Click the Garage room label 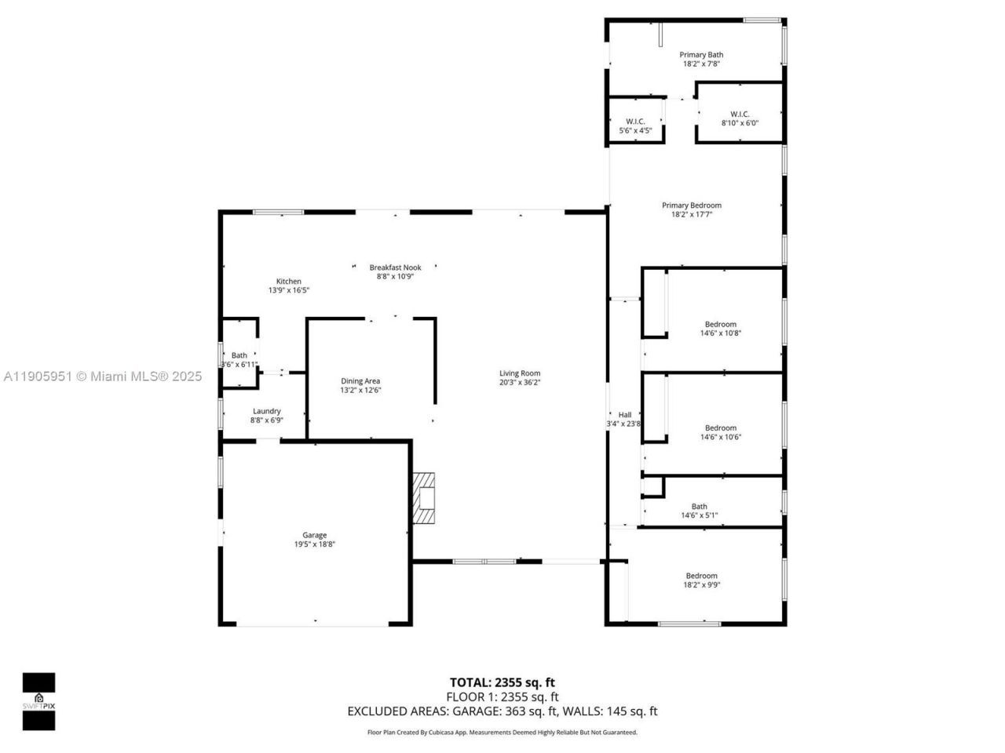(x=314, y=535)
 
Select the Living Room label (x=520, y=373)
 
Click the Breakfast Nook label (x=395, y=267)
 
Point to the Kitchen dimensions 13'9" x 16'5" (x=288, y=290)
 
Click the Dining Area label (x=360, y=381)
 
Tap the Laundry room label (x=267, y=411)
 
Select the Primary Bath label (x=701, y=55)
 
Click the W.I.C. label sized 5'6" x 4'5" (x=635, y=122)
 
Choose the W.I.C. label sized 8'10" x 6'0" (x=740, y=115)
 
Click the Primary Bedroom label (x=691, y=206)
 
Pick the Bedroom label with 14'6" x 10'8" (x=720, y=324)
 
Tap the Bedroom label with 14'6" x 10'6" (x=720, y=428)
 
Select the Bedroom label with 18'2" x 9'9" (x=701, y=576)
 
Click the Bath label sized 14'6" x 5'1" (x=699, y=507)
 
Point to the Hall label (x=625, y=415)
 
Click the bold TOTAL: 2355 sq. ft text (x=502, y=682)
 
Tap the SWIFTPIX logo (x=38, y=701)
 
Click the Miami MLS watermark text (x=101, y=376)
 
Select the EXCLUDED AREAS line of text (x=502, y=711)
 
